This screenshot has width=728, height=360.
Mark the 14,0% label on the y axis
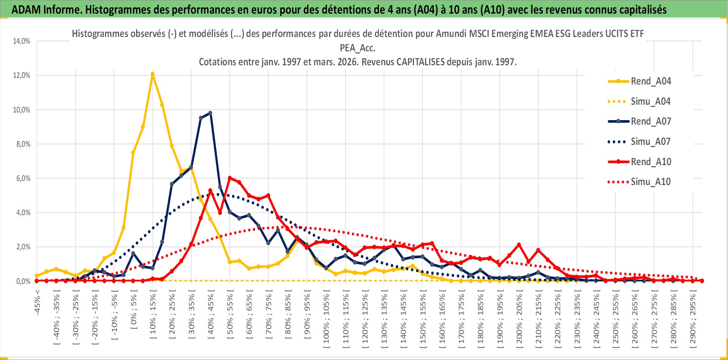(x=22, y=41)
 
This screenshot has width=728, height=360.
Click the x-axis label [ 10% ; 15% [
(x=153, y=316)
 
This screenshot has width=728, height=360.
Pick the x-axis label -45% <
(x=37, y=302)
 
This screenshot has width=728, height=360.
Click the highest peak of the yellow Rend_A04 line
(x=153, y=74)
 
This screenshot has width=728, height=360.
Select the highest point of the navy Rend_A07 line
(x=210, y=113)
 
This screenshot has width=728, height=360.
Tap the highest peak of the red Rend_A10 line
(x=230, y=178)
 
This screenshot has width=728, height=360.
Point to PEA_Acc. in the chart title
(x=357, y=48)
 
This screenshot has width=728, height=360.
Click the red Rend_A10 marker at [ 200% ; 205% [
(x=519, y=244)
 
